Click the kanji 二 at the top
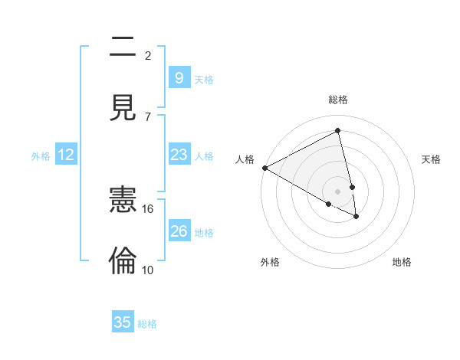click(x=123, y=47)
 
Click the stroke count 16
click(x=148, y=208)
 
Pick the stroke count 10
click(x=148, y=270)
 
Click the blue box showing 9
click(x=179, y=77)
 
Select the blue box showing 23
click(x=179, y=155)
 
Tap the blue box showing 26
click(x=179, y=231)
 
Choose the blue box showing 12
click(x=66, y=155)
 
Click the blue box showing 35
click(x=123, y=322)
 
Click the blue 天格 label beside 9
click(x=204, y=79)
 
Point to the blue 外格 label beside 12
click(x=41, y=156)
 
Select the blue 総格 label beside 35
click(x=147, y=324)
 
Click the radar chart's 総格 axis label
click(x=338, y=100)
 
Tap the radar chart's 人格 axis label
click(x=245, y=159)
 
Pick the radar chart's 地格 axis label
click(x=402, y=263)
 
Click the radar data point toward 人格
click(x=264, y=168)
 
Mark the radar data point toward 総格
click(x=338, y=131)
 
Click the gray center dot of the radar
click(x=338, y=191)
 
